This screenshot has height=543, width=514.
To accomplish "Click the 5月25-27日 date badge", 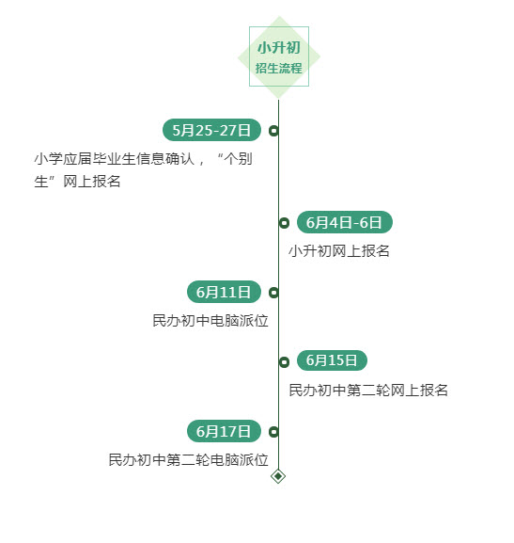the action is click(x=211, y=130).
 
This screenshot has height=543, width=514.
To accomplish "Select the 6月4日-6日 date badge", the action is click(x=345, y=222).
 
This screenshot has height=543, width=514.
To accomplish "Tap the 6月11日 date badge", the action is click(x=224, y=292).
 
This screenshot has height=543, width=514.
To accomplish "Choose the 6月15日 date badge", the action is click(x=332, y=360).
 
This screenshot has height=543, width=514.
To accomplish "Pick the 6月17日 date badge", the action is click(x=224, y=431).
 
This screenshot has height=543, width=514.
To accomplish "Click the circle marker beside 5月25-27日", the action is click(x=273, y=131).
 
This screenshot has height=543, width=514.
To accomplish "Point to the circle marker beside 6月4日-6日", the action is click(x=284, y=223).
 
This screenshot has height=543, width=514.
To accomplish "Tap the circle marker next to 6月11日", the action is click(x=273, y=293).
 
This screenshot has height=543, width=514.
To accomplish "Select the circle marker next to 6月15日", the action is click(x=284, y=362).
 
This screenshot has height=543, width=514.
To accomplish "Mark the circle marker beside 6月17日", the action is click(x=273, y=432).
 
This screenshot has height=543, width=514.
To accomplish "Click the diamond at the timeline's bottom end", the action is click(x=278, y=476).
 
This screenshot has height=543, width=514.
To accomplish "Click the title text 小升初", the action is click(x=279, y=47).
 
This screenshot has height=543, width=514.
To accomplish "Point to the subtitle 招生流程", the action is click(x=279, y=68).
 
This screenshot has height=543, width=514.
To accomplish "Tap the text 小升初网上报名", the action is click(x=339, y=251).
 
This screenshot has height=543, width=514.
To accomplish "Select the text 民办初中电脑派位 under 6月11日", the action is click(x=210, y=321).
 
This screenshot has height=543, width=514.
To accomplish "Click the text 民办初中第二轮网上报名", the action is click(x=368, y=391).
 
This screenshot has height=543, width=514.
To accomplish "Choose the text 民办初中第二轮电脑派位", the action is click(x=189, y=460).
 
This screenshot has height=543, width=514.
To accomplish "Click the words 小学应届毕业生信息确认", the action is click(x=115, y=159).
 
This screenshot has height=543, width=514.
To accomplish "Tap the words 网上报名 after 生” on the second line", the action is click(x=92, y=182).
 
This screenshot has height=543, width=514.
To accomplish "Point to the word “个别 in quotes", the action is click(x=235, y=159).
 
